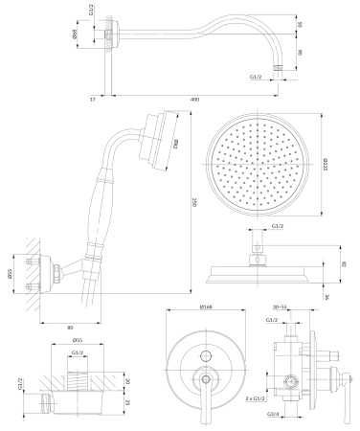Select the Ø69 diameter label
100,34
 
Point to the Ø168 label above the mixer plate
206,307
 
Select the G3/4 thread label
273,414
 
